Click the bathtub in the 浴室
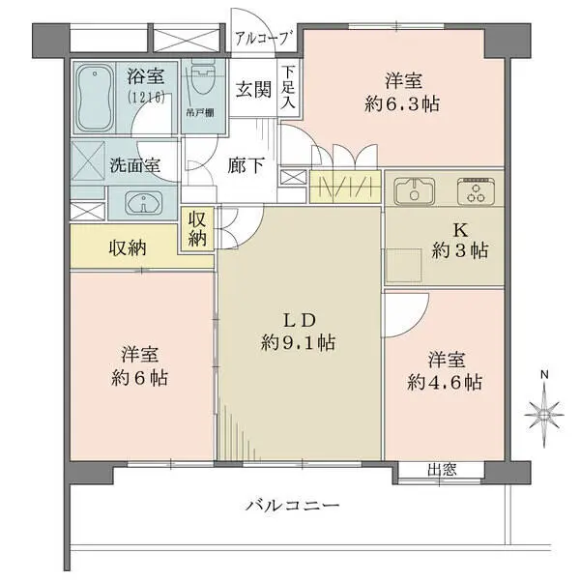click(97, 98)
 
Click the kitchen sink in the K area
click(414, 190)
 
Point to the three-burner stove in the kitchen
click(476, 190)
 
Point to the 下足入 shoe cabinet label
click(288, 88)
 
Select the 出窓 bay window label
click(442, 471)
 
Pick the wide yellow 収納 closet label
click(125, 247)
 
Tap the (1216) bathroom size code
click(144, 98)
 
